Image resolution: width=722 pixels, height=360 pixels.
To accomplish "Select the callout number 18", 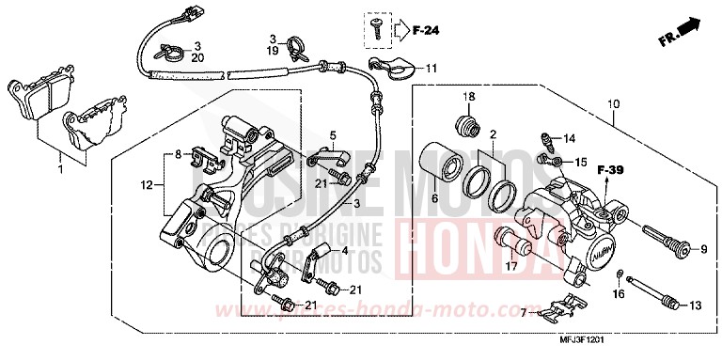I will pyautogui.click(x=468, y=99).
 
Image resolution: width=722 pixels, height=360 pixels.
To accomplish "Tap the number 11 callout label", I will pyautogui.click(x=431, y=69).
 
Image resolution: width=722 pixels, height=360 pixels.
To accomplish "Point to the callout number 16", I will pyautogui.click(x=619, y=295).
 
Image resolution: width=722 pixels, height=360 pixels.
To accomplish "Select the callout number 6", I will pyautogui.click(x=435, y=199).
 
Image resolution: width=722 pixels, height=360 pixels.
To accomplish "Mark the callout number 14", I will pyautogui.click(x=568, y=139).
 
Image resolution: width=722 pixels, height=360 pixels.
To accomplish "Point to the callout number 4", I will pyautogui.click(x=344, y=251).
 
